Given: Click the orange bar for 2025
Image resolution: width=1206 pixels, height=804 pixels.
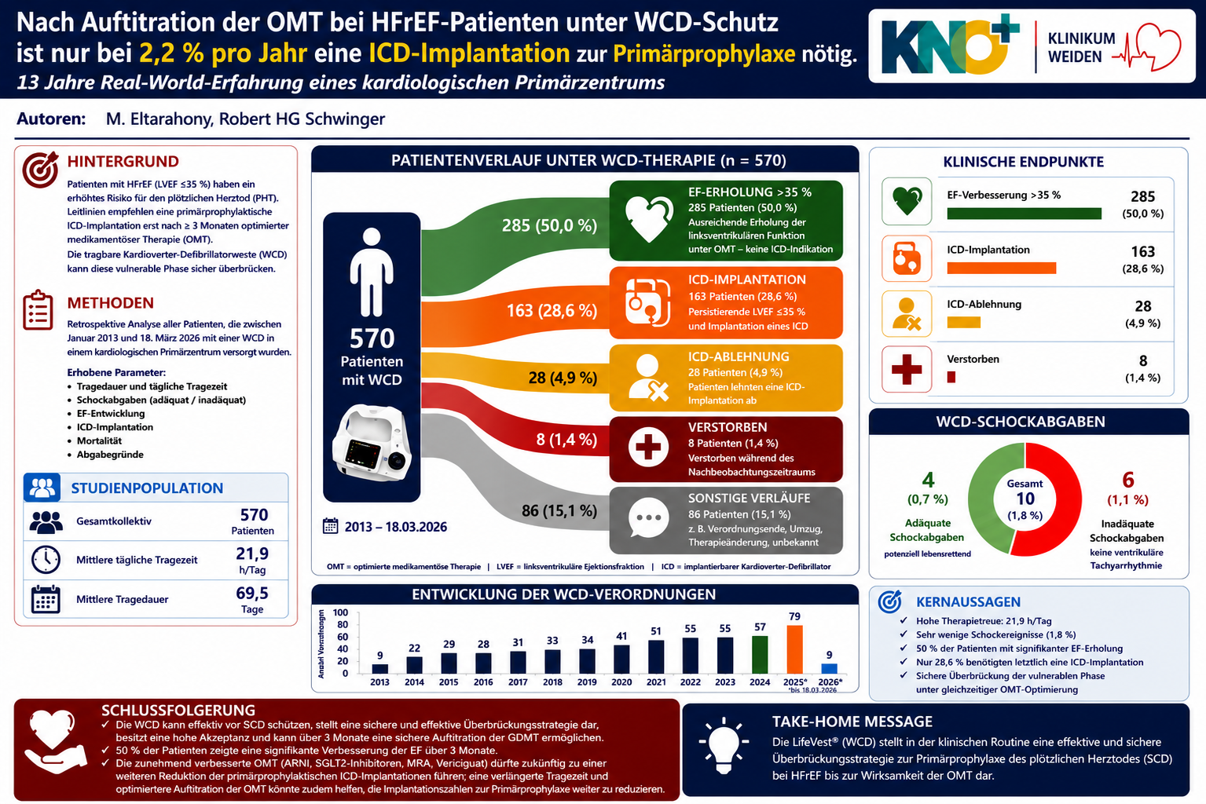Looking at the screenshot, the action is (x=794, y=649).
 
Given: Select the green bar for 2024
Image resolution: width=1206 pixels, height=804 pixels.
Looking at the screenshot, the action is (x=760, y=654).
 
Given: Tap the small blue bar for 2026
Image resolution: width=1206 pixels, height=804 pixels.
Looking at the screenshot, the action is (x=829, y=668).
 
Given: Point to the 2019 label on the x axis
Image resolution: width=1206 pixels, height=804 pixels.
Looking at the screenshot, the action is (x=587, y=682).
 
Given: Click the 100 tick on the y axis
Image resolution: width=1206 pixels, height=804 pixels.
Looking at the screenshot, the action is (x=340, y=612).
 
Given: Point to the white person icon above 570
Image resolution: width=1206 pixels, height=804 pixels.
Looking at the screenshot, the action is (x=372, y=272).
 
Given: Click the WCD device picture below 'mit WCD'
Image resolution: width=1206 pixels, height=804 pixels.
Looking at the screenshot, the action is (x=372, y=443).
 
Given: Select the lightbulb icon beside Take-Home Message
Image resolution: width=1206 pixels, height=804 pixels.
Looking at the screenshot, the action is (x=724, y=746).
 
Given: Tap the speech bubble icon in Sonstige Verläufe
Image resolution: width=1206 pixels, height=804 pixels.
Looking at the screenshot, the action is (x=648, y=517).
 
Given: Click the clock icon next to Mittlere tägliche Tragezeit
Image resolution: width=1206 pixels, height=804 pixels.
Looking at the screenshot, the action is (x=46, y=560).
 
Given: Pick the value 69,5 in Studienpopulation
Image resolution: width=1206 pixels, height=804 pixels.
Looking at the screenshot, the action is (x=252, y=593).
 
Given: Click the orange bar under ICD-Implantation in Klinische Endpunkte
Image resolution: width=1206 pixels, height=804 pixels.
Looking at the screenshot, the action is (x=1002, y=268).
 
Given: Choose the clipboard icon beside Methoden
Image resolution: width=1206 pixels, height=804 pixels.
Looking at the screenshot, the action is (x=38, y=310).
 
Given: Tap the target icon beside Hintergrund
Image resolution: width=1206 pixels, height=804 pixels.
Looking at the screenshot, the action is (x=40, y=169).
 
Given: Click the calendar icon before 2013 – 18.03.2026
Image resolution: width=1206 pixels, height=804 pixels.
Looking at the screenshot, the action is (x=330, y=526).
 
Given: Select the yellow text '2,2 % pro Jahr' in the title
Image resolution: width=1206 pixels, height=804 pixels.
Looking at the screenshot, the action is (x=223, y=53).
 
